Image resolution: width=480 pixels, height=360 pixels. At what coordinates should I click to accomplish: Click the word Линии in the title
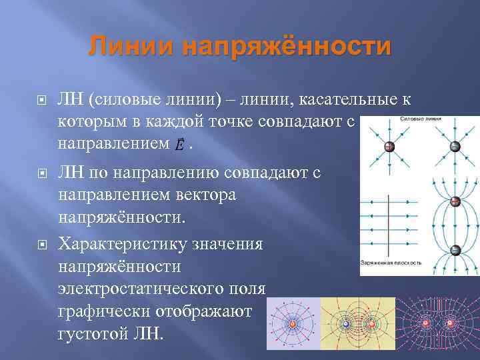(x=130, y=47)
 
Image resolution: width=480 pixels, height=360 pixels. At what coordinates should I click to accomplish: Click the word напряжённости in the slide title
(x=287, y=47)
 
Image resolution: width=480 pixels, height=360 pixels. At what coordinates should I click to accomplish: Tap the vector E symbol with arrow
(x=179, y=144)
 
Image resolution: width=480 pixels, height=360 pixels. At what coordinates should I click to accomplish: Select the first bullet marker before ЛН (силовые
(x=42, y=101)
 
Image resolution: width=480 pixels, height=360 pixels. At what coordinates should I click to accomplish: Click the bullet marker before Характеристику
(x=42, y=245)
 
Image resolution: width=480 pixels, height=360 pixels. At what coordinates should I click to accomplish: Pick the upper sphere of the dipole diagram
(x=455, y=201)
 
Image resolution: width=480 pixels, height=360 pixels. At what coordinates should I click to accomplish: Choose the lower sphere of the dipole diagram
(x=455, y=251)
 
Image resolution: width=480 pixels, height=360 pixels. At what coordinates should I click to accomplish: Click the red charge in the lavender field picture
(x=293, y=324)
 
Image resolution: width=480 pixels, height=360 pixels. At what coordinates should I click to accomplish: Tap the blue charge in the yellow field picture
(x=345, y=325)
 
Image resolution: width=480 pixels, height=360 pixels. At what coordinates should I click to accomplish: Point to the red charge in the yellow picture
(x=372, y=325)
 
